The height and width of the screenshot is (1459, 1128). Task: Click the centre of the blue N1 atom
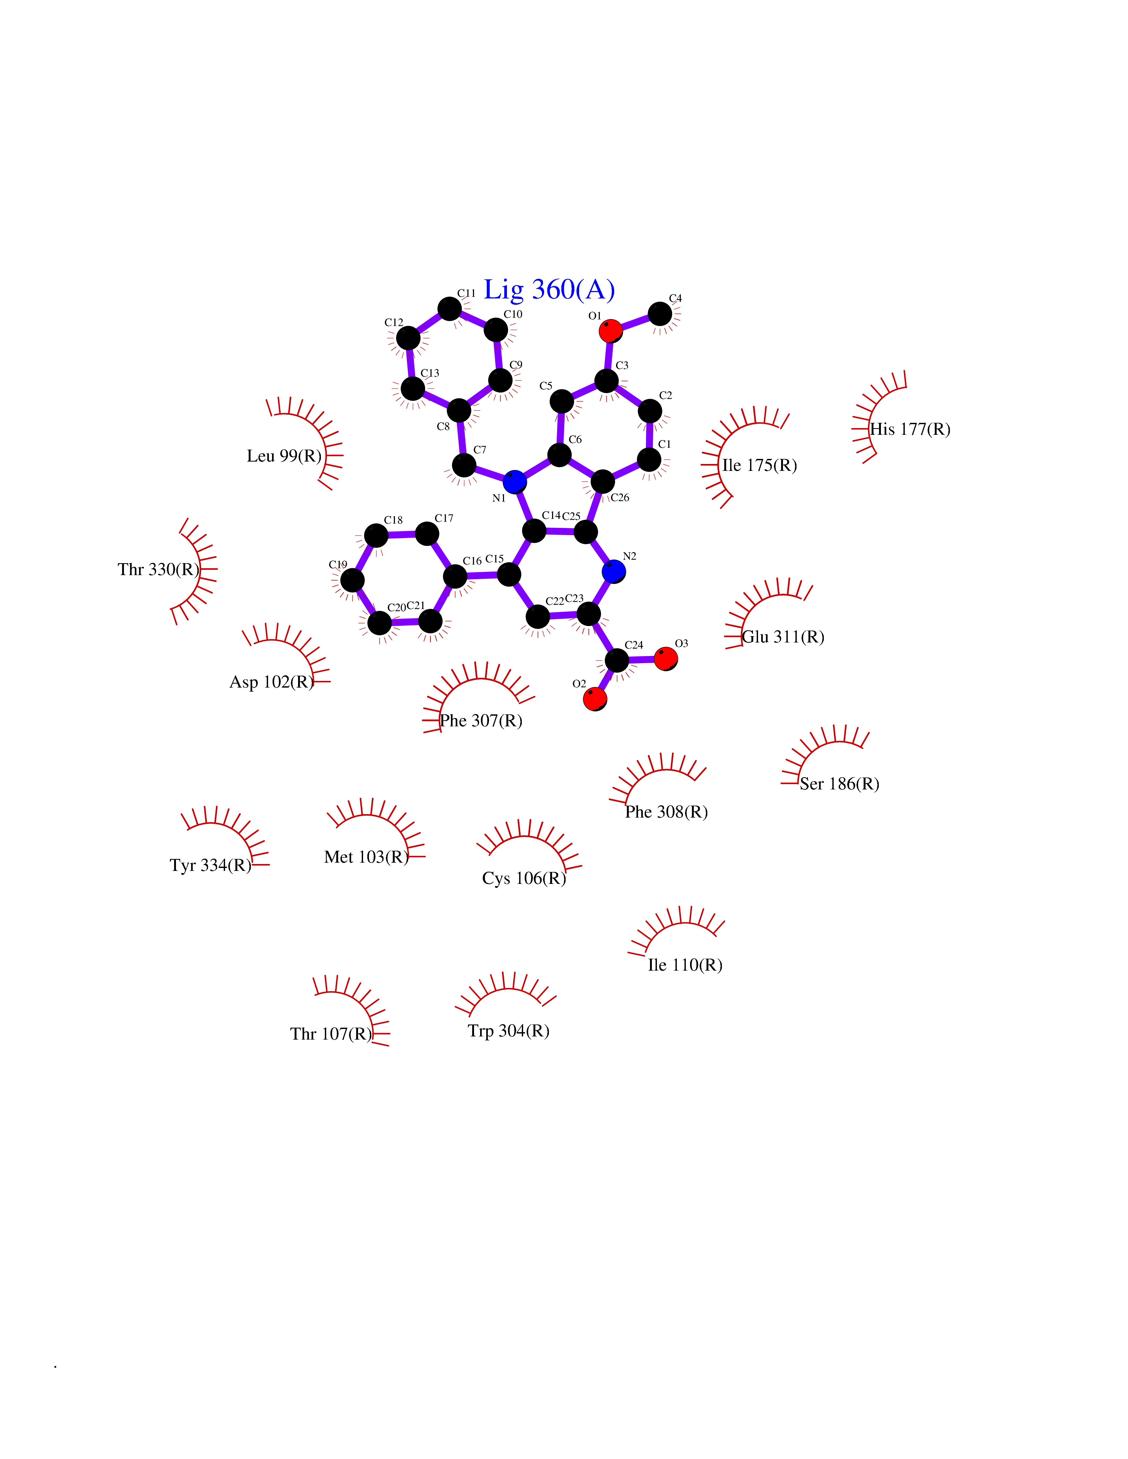515,482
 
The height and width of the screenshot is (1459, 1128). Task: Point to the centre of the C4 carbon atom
660,313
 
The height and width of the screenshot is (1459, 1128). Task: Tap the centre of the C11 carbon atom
450,309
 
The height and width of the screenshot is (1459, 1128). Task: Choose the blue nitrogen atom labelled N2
613,571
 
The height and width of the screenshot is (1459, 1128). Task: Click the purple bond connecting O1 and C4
635,322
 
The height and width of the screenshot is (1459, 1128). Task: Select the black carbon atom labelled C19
352,580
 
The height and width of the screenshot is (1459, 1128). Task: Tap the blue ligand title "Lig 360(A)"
549,290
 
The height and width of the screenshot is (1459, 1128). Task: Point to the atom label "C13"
430,373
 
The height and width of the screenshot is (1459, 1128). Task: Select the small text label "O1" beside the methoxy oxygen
595,316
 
